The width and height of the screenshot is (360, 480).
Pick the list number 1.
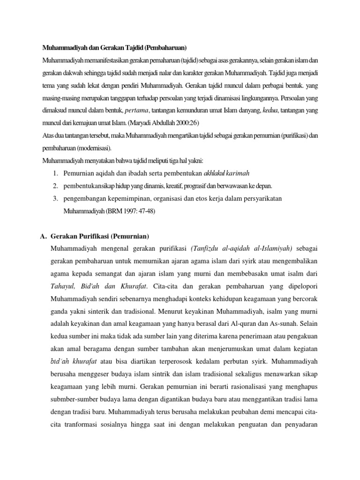pos(56,173)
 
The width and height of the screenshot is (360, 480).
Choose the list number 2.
pos(56,186)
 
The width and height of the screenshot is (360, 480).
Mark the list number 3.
pos(56,199)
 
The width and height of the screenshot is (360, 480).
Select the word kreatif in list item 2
pos(172,186)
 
